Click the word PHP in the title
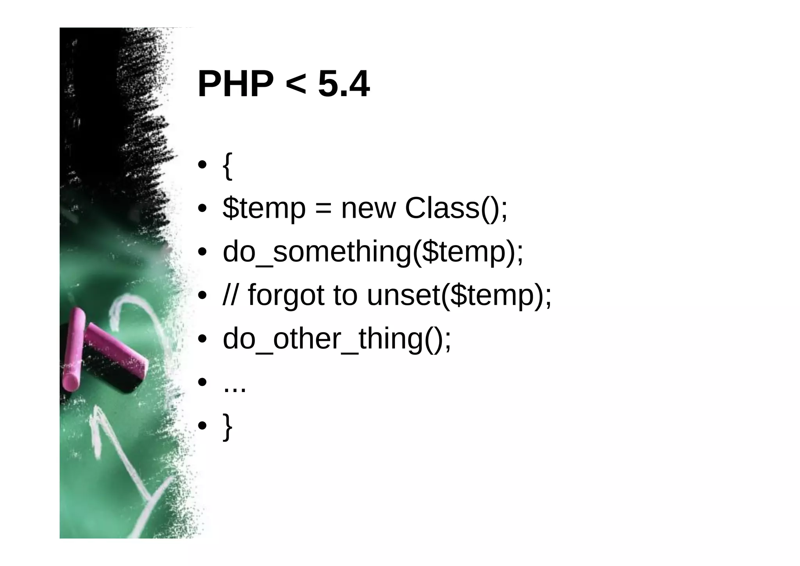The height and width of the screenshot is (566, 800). [x=236, y=84]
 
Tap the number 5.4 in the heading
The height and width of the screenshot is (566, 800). [x=344, y=84]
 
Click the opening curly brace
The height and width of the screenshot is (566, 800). [x=227, y=166]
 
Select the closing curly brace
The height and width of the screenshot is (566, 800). [x=227, y=427]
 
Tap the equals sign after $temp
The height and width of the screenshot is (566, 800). [x=323, y=209]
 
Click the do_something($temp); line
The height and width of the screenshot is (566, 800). [x=373, y=253]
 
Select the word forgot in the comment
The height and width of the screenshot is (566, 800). [x=286, y=296]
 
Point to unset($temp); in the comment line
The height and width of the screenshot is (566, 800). [x=459, y=296]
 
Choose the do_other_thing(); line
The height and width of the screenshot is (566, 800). [x=337, y=339]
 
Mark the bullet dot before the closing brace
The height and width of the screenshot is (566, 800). [x=202, y=425]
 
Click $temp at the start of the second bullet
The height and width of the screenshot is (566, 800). [x=264, y=209]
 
